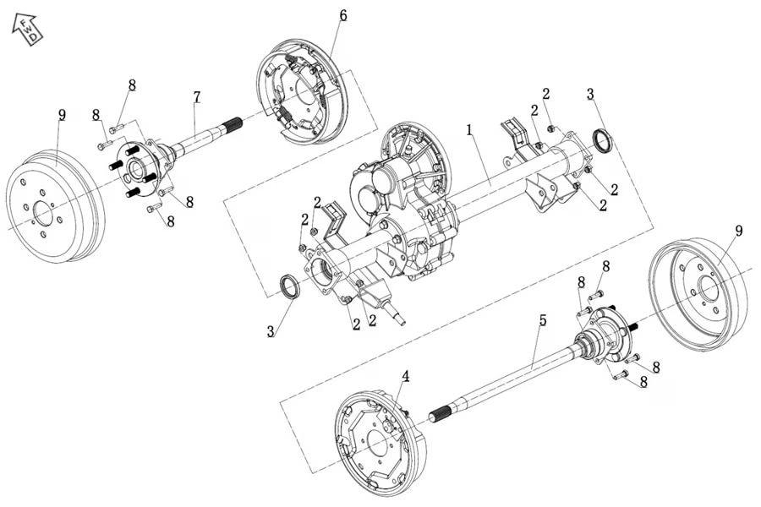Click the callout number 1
469,131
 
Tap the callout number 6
342,15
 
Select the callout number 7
197,97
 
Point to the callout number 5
543,320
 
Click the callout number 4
406,376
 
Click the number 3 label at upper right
590,93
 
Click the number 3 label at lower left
271,331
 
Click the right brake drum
700,287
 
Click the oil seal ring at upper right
602,140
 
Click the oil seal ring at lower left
289,286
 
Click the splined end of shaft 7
232,126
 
